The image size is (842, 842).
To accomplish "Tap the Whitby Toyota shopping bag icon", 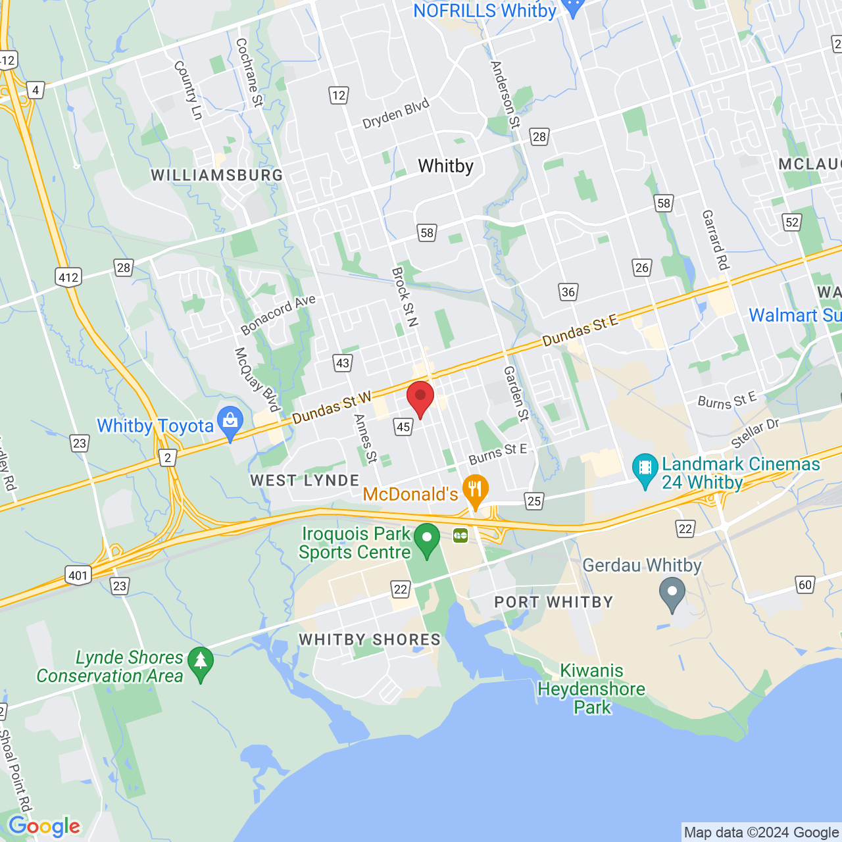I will pos(230,422).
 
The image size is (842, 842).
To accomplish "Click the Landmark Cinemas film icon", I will pos(645,468).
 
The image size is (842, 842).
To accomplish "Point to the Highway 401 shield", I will pos(78,576).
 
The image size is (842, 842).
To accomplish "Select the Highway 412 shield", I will pos(68,277).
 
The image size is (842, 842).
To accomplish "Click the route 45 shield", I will pos(403,427).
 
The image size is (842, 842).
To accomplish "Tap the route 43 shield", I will pos(343,363).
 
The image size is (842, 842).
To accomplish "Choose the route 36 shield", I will pos(568,292).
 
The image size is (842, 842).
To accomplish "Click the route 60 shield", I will pos(805,585).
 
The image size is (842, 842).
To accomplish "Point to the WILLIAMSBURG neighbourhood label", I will pos(217,176).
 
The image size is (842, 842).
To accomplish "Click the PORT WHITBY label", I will pos(553,602).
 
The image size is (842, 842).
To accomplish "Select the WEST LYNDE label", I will pos(305,481).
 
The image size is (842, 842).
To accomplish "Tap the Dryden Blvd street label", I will pos(395,114).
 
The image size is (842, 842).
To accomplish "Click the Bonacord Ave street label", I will pos(278,314).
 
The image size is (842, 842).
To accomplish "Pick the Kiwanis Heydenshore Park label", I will pos(591,689).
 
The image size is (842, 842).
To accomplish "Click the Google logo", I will pos(44,826).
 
